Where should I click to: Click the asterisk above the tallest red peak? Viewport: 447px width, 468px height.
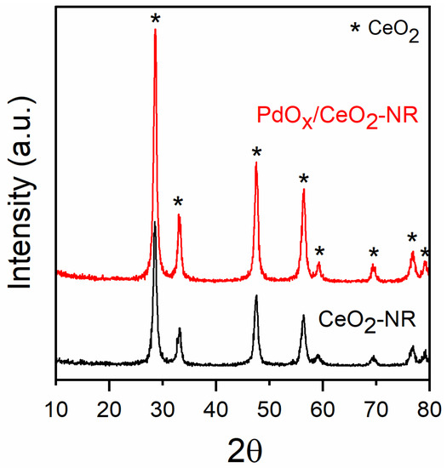click(x=155, y=19)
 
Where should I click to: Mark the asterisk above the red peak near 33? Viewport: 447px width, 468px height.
click(x=178, y=203)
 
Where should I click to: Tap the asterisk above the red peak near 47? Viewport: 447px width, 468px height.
click(x=256, y=152)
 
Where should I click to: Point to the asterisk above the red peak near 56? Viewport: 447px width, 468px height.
click(x=304, y=180)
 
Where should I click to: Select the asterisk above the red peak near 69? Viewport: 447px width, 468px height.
click(x=373, y=253)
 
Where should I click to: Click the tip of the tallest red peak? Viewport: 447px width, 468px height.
click(x=155, y=30)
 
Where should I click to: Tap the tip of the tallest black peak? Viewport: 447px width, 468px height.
click(x=154, y=222)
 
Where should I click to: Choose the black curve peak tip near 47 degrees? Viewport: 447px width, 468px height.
click(x=256, y=296)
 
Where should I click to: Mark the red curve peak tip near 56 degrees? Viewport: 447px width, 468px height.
click(x=304, y=190)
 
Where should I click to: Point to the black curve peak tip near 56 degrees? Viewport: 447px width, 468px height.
click(x=303, y=316)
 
